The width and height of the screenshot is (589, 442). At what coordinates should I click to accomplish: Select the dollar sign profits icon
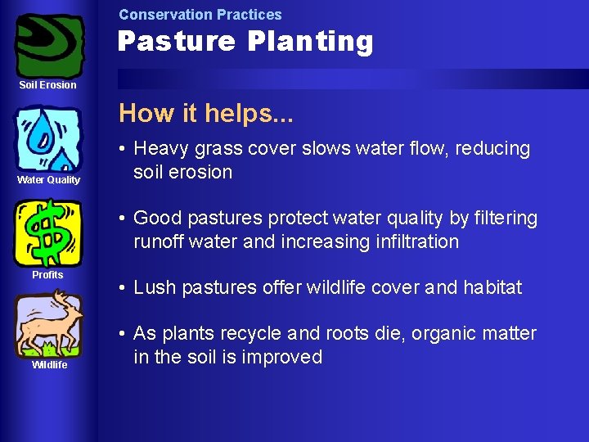coord(48,232)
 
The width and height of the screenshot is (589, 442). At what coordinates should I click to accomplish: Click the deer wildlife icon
coord(48,325)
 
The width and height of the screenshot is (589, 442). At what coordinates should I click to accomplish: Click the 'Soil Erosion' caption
coord(48,85)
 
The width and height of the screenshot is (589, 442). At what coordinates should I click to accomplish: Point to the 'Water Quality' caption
coord(49,180)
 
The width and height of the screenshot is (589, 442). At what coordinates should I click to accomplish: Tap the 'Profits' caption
coord(47,275)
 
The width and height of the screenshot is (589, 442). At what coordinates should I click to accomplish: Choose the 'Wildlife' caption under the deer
coord(49,365)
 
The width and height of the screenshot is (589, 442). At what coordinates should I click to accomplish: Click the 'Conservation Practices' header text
coord(200,15)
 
